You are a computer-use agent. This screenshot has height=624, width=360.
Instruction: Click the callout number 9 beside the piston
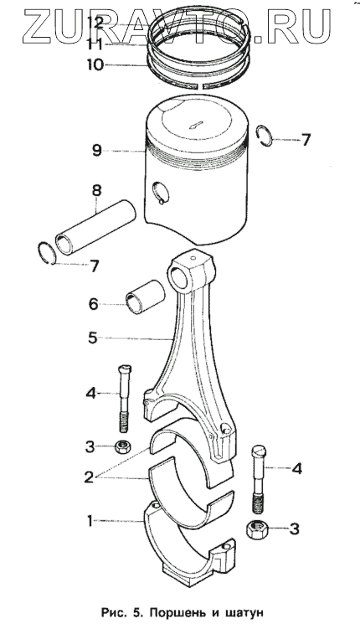click(96, 150)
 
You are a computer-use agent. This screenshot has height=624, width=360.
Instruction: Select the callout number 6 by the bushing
click(93, 304)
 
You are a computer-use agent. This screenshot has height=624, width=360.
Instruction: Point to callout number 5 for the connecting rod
click(93, 338)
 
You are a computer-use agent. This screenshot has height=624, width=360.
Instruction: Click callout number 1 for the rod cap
click(90, 520)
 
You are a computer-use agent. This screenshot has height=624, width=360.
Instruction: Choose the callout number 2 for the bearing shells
click(89, 477)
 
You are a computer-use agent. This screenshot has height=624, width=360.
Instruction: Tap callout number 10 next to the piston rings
click(96, 64)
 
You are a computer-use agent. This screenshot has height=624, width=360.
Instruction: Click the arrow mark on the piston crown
click(196, 124)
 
